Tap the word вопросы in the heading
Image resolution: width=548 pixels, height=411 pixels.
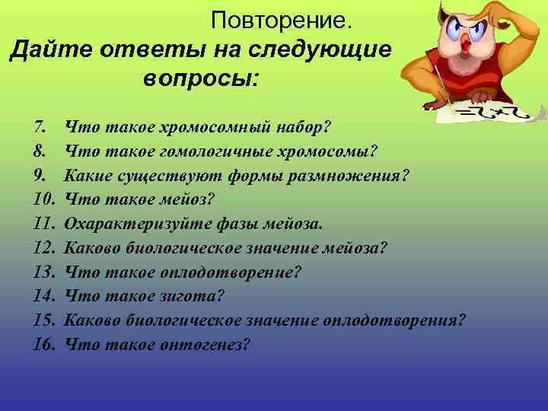click(x=199, y=78)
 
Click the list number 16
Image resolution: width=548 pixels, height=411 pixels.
click(x=44, y=344)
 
